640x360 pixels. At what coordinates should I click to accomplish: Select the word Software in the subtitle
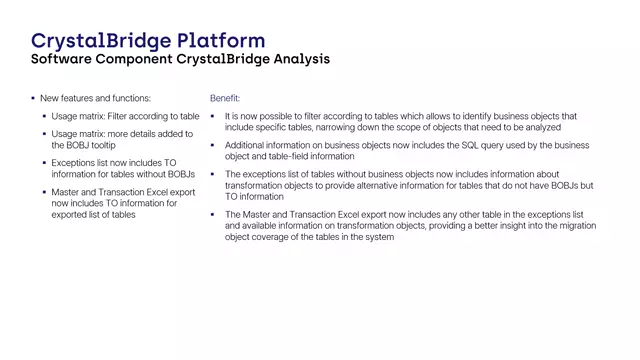click(65, 59)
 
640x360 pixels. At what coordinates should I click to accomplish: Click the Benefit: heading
click(224, 99)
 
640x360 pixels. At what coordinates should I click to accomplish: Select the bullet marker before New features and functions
click(33, 99)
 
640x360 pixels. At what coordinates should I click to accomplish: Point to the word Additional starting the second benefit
click(247, 145)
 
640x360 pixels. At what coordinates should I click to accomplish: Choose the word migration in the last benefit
click(573, 226)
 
